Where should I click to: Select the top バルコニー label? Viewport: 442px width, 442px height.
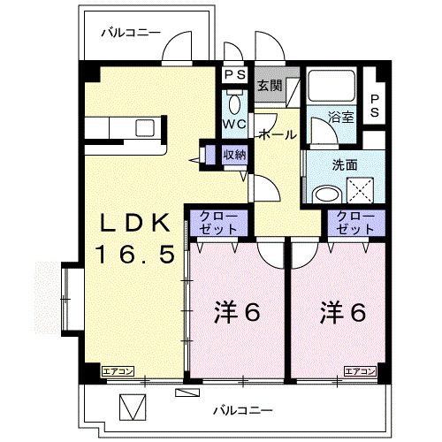pos(130,34)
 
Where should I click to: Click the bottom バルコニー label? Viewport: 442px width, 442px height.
pos(244,410)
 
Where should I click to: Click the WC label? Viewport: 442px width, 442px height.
pos(233,123)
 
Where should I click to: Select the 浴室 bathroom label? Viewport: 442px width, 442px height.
pos(340,115)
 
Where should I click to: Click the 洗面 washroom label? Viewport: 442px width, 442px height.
pos(320,164)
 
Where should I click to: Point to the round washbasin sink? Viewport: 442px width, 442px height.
pos(326,194)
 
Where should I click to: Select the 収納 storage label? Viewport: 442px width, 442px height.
pos(234,155)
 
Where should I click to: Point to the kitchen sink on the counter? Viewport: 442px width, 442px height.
pos(145,127)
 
